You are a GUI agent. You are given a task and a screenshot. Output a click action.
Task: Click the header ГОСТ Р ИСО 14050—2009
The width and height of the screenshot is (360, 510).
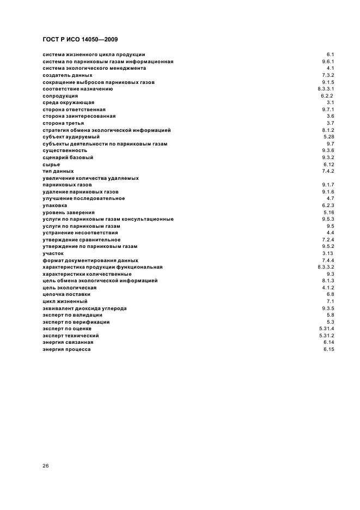point(80,39)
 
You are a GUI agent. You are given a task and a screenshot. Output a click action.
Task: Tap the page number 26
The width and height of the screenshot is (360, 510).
point(46,466)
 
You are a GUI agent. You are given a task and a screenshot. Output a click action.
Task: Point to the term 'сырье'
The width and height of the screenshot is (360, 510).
point(51,164)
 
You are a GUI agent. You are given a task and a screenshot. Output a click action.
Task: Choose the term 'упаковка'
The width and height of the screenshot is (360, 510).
point(55,205)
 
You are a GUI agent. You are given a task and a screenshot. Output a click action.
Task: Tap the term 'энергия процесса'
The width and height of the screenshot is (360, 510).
point(67,349)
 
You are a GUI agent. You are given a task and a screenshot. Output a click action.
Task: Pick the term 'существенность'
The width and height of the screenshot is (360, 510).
point(65,150)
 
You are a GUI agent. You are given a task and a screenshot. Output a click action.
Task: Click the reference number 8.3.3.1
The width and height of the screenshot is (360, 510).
point(326,89)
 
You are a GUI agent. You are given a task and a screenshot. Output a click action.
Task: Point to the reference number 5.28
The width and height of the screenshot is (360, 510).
point(328,137)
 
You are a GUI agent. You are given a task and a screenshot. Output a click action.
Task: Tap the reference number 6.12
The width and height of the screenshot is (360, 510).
point(328,164)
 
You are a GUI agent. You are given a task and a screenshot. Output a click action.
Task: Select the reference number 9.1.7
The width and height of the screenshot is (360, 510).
point(328,185)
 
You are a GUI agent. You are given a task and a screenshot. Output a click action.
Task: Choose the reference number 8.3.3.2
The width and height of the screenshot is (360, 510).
point(326,267)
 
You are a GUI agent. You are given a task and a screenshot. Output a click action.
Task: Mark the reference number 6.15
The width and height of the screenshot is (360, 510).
point(328,349)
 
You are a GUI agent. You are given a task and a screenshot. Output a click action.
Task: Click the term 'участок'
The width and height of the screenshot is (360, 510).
point(53,253)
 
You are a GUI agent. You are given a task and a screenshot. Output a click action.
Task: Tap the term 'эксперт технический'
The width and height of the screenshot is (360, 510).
point(71,336)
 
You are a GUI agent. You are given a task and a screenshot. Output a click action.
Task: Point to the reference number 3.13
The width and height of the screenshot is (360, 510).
point(328,253)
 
